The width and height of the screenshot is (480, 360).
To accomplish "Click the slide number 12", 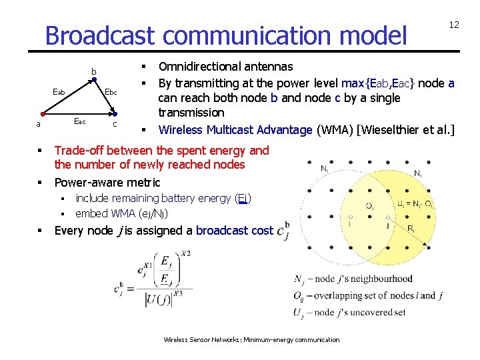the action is [x=454, y=25].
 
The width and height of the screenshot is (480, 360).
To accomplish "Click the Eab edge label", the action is [x=59, y=91].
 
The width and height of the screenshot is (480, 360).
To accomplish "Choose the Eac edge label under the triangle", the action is [x=79, y=121].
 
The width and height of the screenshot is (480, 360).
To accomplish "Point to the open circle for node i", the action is [x=350, y=217].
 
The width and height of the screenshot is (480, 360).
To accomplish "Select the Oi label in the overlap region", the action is [x=369, y=205].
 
